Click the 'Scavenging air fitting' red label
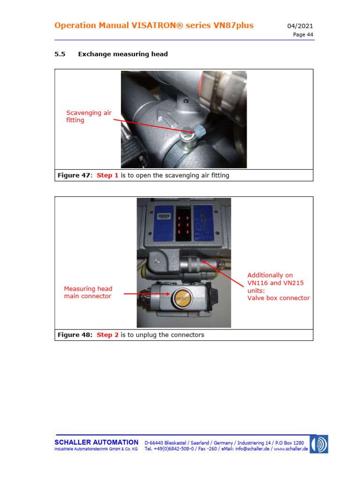[x=89, y=116]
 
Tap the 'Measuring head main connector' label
[x=88, y=292]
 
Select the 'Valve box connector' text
[x=278, y=298]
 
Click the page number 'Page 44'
[x=303, y=35]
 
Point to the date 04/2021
[x=300, y=26]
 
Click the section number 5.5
[x=60, y=54]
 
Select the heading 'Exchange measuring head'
[x=123, y=54]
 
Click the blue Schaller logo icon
[x=319, y=444]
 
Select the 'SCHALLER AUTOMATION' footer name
[x=97, y=442]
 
